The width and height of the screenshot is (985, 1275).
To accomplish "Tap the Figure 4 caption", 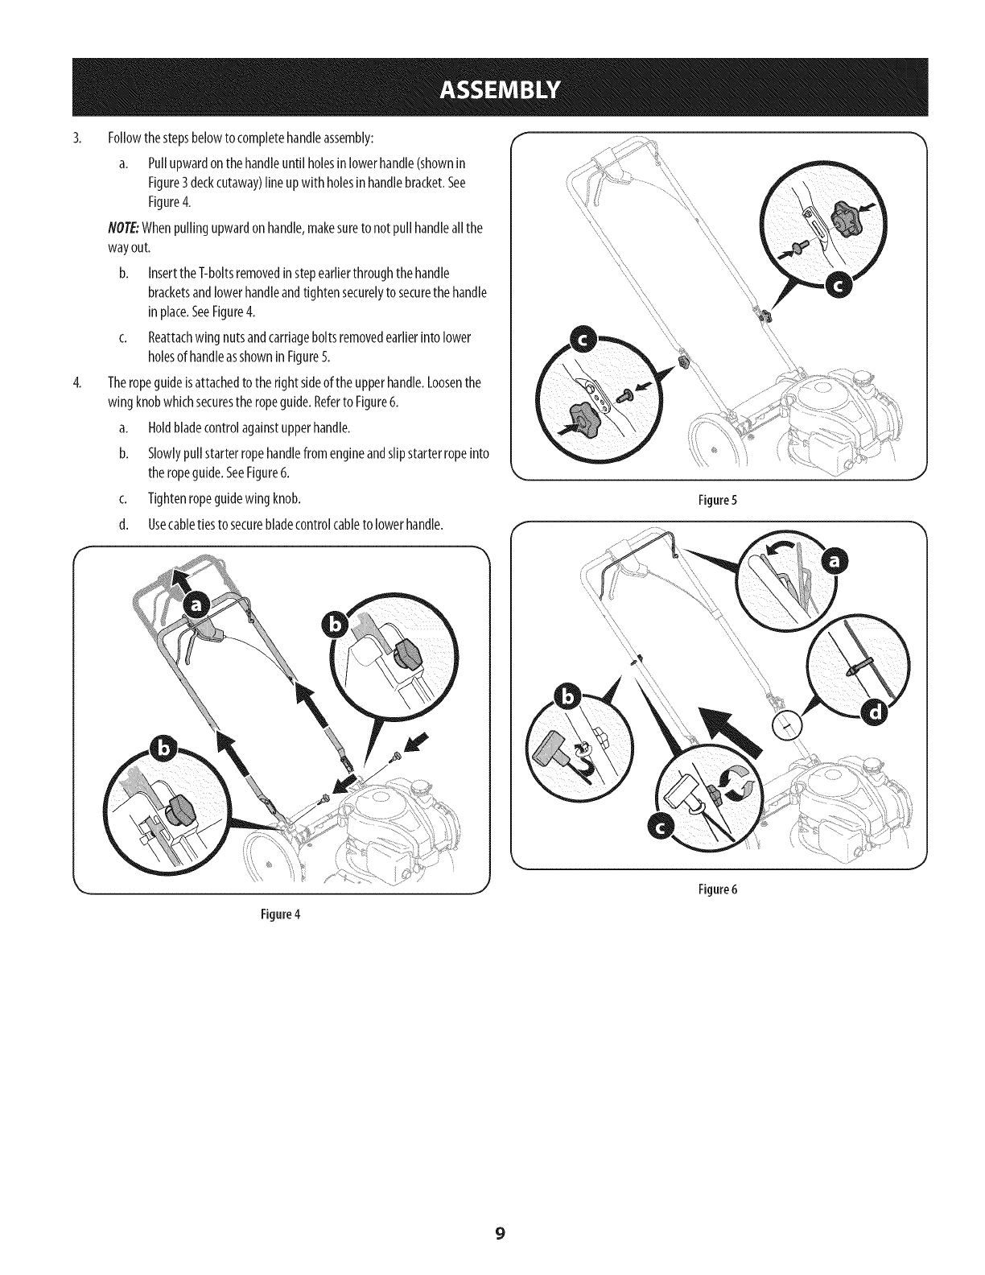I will [x=281, y=914].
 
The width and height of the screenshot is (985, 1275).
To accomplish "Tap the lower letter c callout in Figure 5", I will [x=586, y=341].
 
